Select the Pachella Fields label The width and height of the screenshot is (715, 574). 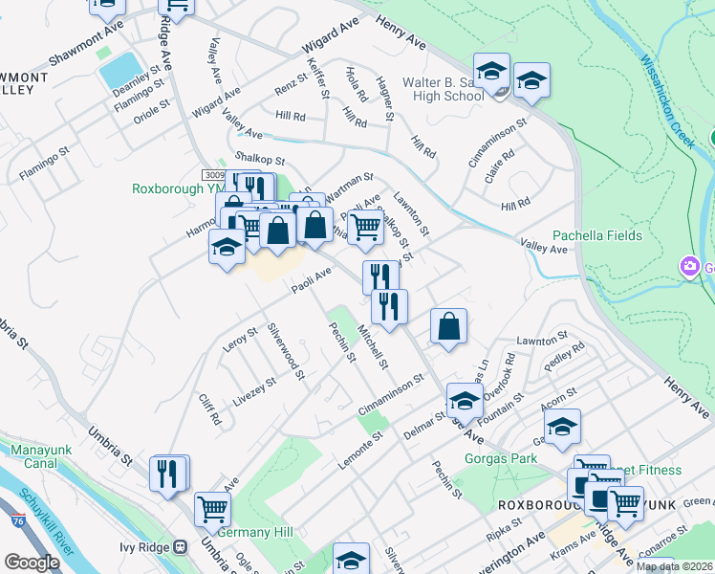tap(593, 235)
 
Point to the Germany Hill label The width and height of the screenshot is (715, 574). tap(256, 532)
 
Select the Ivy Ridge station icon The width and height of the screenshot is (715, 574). tap(180, 547)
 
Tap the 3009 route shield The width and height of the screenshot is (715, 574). tap(216, 175)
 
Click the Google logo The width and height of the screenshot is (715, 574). tap(32, 563)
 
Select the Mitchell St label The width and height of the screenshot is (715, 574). tap(372, 347)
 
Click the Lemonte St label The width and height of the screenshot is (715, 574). tap(359, 449)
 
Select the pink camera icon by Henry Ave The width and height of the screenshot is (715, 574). tap(687, 265)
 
